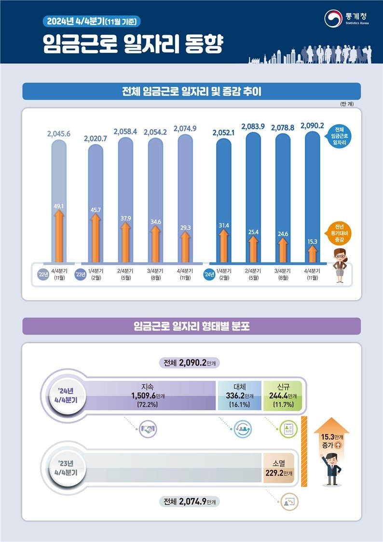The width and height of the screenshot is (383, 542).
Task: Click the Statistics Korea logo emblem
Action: pyautogui.click(x=333, y=18)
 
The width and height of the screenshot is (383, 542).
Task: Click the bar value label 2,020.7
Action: pyautogui.click(x=96, y=139)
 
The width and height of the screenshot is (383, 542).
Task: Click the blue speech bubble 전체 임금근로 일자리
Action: pyautogui.click(x=341, y=137)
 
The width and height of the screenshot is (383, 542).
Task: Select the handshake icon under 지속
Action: pyautogui.click(x=148, y=429)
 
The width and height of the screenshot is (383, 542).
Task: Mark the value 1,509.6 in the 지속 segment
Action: pyautogui.click(x=144, y=395)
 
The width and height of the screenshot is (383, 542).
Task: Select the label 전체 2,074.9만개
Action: pyautogui.click(x=189, y=502)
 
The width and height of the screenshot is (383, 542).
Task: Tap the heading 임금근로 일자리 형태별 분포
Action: pyautogui.click(x=191, y=326)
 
